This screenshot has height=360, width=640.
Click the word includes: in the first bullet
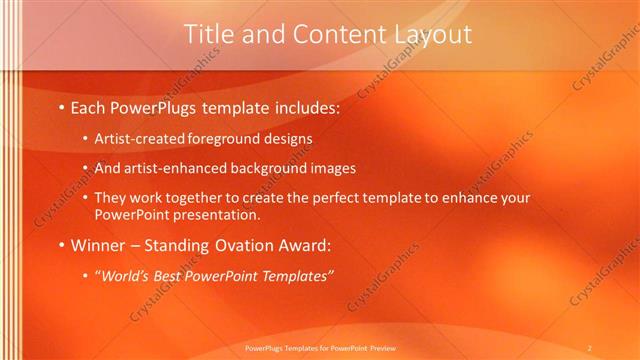[x=304, y=107]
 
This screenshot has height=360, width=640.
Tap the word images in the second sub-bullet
[x=333, y=169]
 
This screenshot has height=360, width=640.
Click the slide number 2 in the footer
[x=589, y=347]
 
